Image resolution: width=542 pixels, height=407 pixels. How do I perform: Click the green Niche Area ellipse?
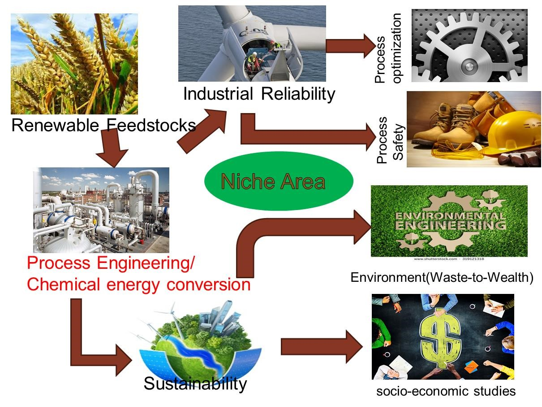(279, 181)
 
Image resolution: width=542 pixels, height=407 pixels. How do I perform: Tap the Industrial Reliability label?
(259, 94)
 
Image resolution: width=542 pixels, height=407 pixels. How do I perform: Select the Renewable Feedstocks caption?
(104, 125)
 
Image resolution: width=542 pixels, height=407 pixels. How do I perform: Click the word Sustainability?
(195, 384)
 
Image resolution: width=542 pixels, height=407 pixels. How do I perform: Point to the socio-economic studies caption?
(446, 391)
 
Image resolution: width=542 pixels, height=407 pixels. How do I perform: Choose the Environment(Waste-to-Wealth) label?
(442, 277)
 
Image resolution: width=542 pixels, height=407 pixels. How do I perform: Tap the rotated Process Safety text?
(390, 140)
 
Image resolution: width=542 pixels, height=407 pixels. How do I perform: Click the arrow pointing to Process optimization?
(351, 46)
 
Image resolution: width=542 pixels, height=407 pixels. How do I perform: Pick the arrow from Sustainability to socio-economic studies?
(322, 347)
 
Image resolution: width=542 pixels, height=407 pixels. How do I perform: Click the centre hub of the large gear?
(469, 66)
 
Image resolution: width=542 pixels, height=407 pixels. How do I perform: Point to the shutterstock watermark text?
(449, 259)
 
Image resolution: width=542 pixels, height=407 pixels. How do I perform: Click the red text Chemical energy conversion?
(139, 285)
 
